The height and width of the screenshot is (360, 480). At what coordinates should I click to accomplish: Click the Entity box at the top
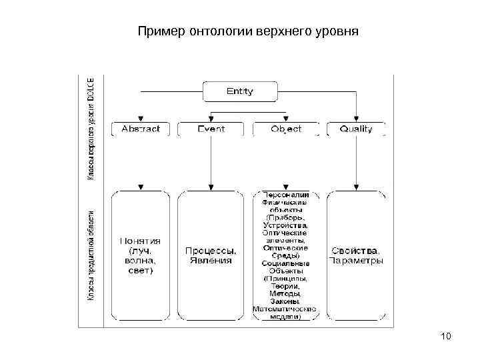click(x=239, y=91)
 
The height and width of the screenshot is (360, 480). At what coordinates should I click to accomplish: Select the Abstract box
click(x=140, y=129)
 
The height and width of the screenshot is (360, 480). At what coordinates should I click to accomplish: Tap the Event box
click(x=211, y=129)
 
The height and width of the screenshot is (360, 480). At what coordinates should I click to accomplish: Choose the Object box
click(x=285, y=129)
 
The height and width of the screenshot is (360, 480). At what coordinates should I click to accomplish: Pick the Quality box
click(x=356, y=129)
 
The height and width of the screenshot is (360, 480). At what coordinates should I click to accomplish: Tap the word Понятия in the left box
click(x=140, y=241)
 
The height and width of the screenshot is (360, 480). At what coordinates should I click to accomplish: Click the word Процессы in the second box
click(x=211, y=251)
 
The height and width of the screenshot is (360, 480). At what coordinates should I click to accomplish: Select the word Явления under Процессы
click(x=211, y=261)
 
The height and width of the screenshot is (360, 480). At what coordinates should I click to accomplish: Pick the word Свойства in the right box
click(x=355, y=251)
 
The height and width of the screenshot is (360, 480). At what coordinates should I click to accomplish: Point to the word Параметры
click(x=355, y=261)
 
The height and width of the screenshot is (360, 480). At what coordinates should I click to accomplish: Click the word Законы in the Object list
click(x=285, y=301)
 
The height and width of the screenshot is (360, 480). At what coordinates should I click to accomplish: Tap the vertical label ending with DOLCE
click(x=91, y=127)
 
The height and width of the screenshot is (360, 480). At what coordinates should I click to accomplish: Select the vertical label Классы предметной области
click(x=91, y=255)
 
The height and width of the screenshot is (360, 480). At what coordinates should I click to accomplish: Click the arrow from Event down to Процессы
click(x=211, y=163)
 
